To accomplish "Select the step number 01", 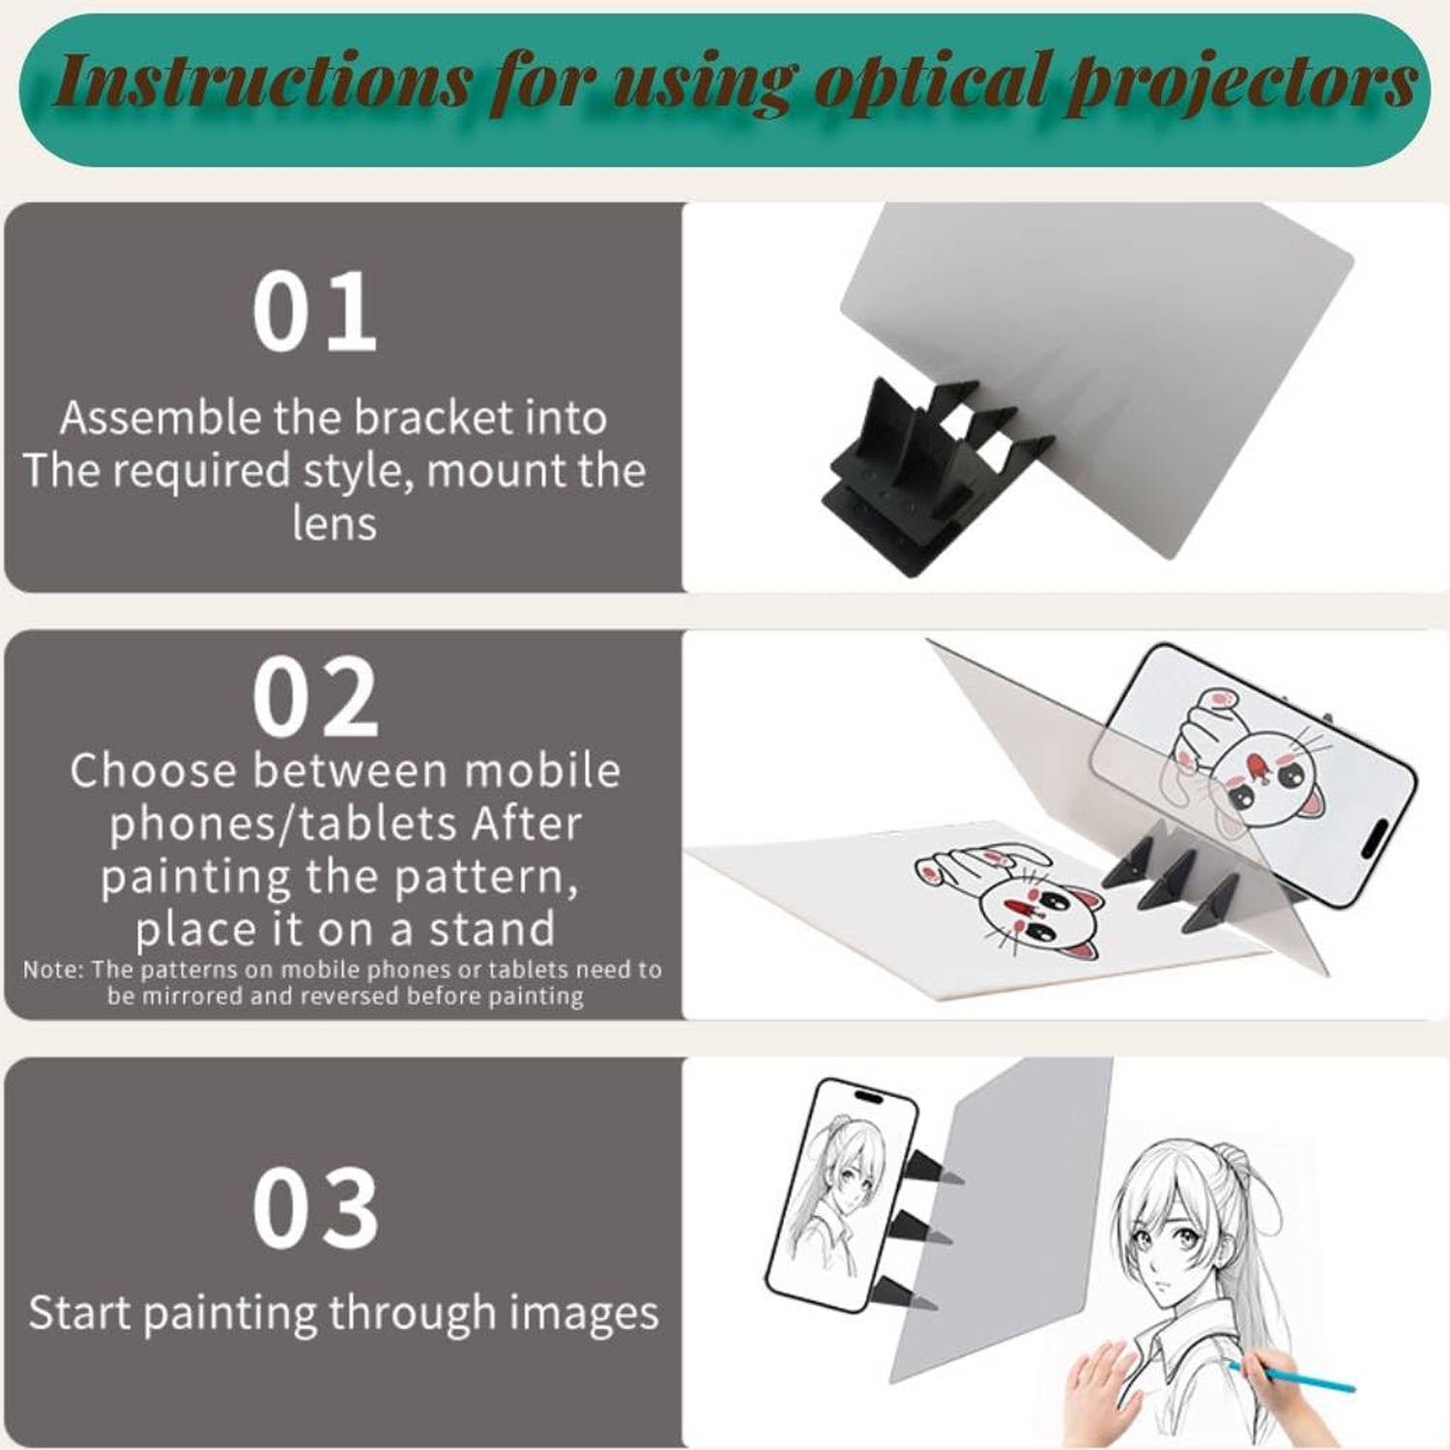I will click(x=314, y=312).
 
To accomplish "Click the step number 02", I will click(x=315, y=698).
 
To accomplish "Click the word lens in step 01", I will click(x=334, y=523).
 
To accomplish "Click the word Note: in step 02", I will click(x=53, y=970).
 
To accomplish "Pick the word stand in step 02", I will click(x=492, y=929).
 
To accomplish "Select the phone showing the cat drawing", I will click(x=1257, y=764).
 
